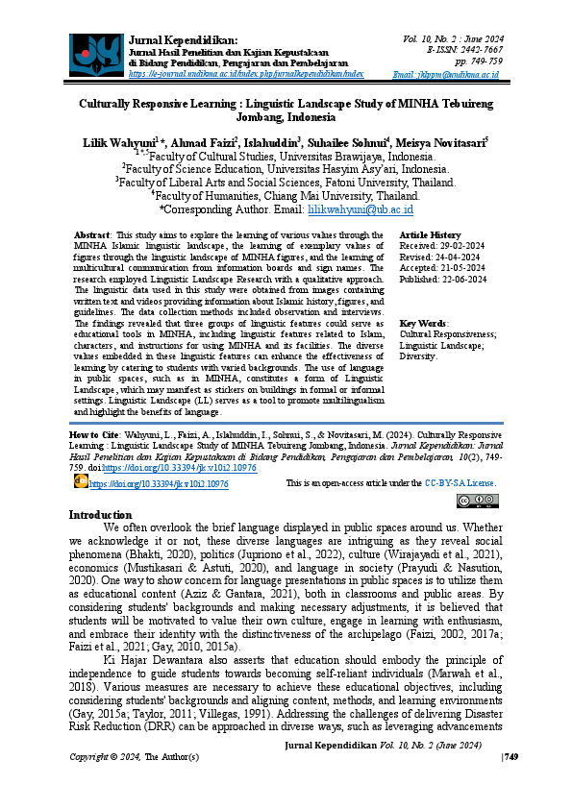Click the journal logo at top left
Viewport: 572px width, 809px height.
(96, 54)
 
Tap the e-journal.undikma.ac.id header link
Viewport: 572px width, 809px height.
(246, 73)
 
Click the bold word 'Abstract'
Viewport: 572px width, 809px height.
(92, 234)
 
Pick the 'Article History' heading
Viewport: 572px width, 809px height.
(430, 234)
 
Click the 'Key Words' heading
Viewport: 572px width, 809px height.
(423, 323)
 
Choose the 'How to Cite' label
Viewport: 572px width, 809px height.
(92, 434)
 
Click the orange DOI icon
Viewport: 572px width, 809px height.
(80, 483)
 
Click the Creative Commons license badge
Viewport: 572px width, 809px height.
(478, 501)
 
